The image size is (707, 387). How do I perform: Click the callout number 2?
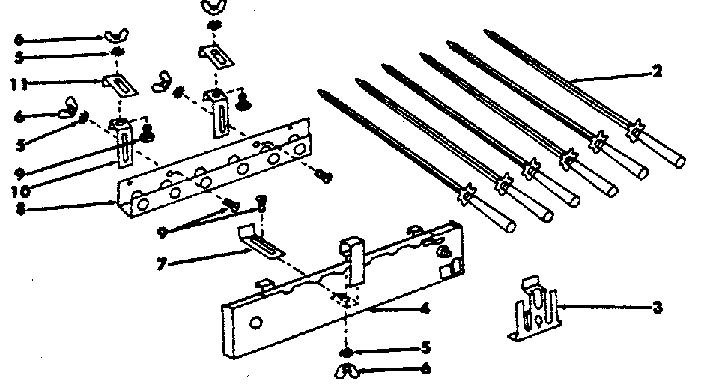coord(657,73)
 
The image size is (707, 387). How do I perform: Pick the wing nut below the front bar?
coord(348,368)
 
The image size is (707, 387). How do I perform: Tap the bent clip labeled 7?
coord(259,241)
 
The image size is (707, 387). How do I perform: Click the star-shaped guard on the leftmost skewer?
coord(466,193)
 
